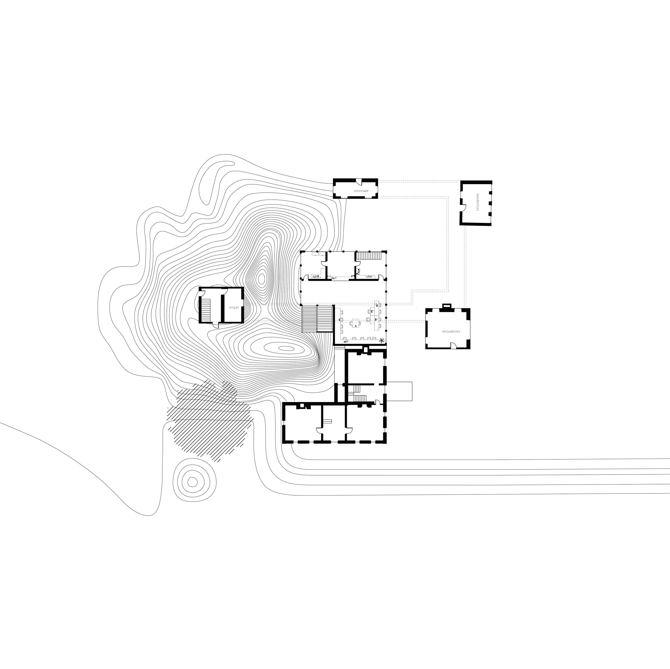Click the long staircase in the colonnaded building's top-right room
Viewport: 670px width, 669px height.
click(x=369, y=256)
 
